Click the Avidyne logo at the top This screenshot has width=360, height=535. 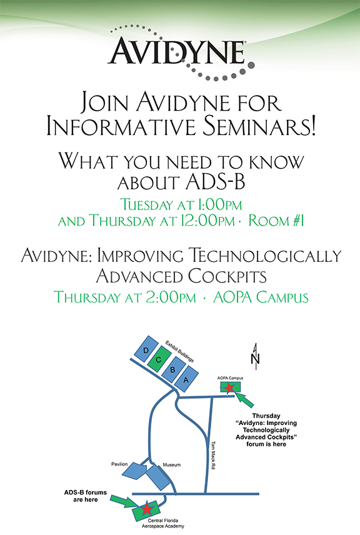(181, 52)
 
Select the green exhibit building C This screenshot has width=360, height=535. (159, 359)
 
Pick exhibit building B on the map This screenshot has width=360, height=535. (173, 369)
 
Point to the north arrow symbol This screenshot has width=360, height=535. (255, 356)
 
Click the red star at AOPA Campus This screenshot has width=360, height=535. (229, 387)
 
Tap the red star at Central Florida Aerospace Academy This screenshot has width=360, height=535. (147, 508)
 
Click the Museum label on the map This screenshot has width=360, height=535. (172, 465)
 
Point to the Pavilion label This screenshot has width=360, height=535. (119, 464)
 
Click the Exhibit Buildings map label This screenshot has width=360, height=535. (179, 351)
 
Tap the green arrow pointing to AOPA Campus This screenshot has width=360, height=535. (244, 399)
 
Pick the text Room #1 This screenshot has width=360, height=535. (276, 221)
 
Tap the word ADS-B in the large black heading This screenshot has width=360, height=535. (216, 182)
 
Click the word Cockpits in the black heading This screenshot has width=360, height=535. (227, 276)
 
